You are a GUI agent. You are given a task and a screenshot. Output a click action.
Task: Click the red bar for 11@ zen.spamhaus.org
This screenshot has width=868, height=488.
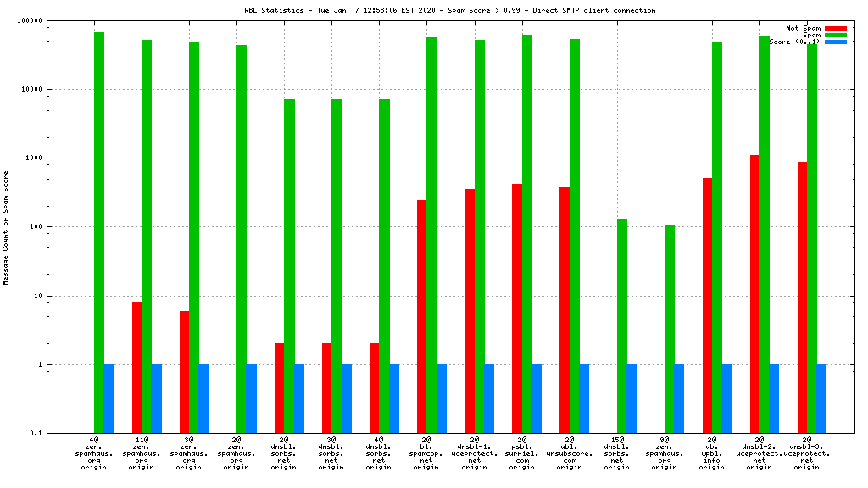136,368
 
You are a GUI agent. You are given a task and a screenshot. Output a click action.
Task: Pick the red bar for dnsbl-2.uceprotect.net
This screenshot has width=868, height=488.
754,294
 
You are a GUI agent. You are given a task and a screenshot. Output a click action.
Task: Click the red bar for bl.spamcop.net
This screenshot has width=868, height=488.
421,317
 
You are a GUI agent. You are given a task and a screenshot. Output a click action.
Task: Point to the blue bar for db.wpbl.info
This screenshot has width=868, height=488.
726,399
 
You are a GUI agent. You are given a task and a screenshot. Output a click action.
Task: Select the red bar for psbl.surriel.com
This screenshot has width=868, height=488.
517,308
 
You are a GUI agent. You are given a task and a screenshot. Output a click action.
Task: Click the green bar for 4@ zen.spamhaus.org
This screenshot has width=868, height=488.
99,233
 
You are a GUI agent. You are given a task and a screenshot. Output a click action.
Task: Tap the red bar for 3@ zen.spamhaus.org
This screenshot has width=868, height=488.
184,372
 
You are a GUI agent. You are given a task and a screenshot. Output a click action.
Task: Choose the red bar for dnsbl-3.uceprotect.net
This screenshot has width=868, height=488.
802,297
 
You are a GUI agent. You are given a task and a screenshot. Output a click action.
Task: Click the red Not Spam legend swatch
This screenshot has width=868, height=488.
835,28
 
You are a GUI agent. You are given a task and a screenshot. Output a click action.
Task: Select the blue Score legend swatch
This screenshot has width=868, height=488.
835,42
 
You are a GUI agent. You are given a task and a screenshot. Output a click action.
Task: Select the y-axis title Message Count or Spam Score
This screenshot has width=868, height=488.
6,227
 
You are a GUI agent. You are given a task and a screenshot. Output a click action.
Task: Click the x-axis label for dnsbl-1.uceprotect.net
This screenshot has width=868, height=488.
474,453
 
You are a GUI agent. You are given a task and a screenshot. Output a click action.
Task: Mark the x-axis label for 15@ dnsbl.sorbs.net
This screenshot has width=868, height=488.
617,453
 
